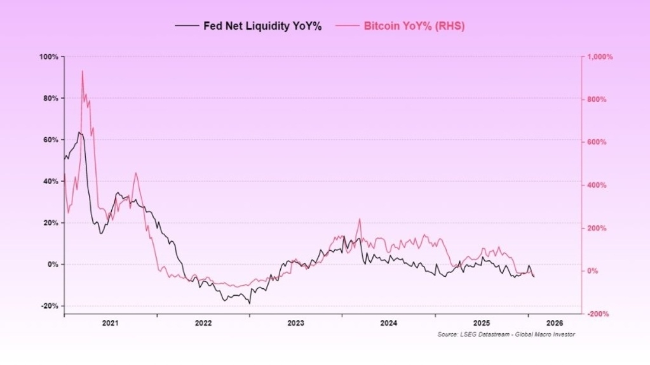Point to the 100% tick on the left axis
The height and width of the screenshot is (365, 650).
(49, 57)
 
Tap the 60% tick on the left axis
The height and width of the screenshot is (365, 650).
(50, 140)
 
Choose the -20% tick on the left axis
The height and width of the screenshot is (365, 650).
(50, 306)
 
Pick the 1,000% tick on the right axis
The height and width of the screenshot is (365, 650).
(599, 57)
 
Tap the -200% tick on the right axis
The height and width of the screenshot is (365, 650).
(598, 314)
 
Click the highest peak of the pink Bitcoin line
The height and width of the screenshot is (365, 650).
(82, 71)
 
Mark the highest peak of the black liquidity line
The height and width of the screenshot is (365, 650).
(79, 132)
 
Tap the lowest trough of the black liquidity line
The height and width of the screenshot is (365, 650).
(250, 303)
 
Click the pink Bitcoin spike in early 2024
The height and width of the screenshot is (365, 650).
(360, 219)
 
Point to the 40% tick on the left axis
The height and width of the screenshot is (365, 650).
(50, 182)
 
